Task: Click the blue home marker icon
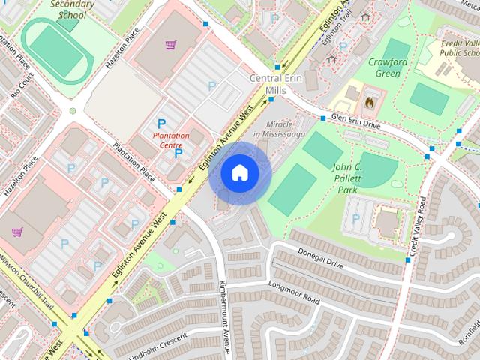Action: tap(239, 173)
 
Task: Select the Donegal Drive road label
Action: tap(320, 259)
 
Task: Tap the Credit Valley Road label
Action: tap(416, 225)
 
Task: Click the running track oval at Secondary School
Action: tap(54, 48)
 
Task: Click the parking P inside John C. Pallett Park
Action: tap(355, 218)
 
